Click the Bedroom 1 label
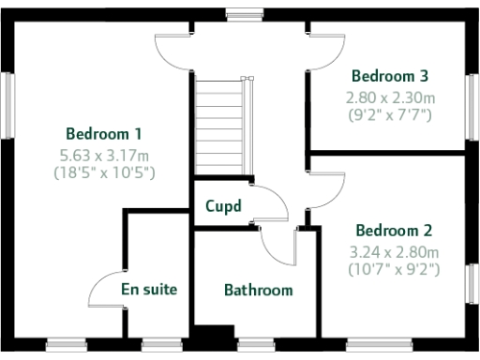104,133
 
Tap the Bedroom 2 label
393,230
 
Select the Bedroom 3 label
391,75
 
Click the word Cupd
223,205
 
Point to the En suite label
149,289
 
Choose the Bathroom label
258,290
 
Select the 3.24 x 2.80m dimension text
393,251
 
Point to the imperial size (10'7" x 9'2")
393,270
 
